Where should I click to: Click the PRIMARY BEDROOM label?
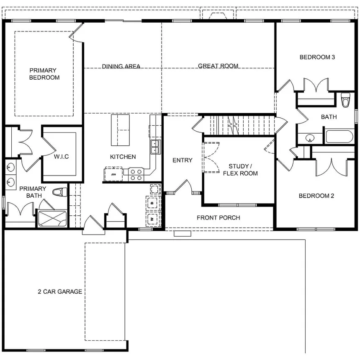44,74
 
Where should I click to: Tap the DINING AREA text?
121,66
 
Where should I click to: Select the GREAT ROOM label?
218,66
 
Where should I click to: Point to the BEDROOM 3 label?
317,57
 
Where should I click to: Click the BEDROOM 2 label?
316,196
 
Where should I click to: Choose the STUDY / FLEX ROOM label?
240,170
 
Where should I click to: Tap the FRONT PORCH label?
218,217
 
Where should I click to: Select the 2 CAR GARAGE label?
60,292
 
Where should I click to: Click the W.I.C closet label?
61,157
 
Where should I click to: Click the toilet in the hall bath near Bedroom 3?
345,101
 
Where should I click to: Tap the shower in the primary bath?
52,218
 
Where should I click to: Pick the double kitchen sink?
156,146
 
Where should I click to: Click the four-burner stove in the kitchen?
136,174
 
